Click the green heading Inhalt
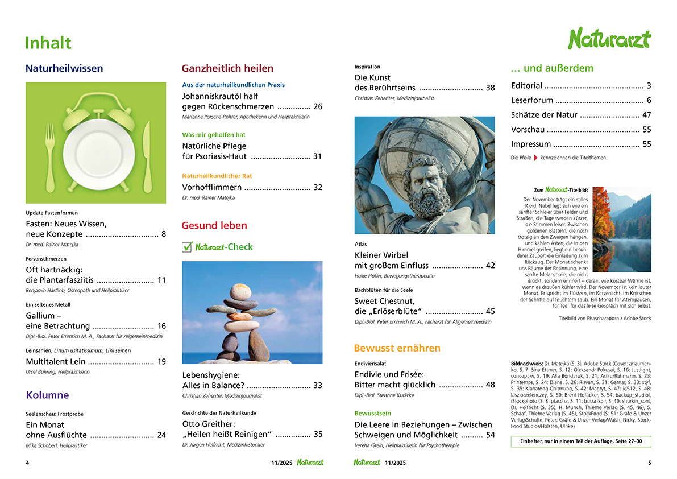tap(48, 43)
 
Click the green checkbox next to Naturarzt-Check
tap(187, 247)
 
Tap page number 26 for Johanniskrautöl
tap(317, 106)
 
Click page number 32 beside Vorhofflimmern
tap(317, 187)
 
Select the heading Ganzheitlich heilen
tap(227, 68)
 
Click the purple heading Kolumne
tap(47, 395)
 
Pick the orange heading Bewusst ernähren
tap(397, 348)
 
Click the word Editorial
tap(526, 86)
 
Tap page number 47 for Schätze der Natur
tap(646, 115)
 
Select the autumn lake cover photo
tap(622, 229)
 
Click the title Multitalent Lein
tap(56, 361)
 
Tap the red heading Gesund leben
tap(214, 225)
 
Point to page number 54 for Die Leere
tap(490, 435)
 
